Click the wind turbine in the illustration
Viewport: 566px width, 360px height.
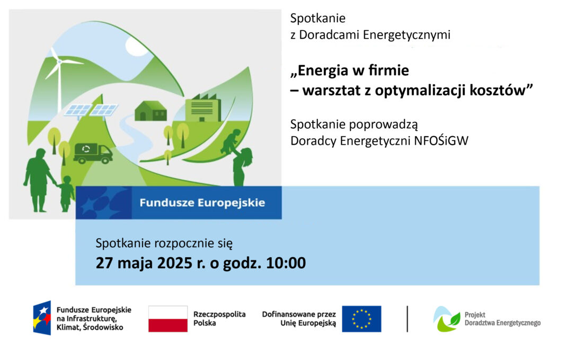(59, 77)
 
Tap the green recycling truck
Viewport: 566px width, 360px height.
(93, 153)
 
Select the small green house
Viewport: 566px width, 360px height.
(151, 111)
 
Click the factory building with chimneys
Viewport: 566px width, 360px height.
(203, 108)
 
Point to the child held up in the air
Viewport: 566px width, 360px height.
(231, 142)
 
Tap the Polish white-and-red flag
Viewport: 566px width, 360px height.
(168, 319)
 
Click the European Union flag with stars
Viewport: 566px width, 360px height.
(361, 319)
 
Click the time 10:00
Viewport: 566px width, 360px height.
(286, 263)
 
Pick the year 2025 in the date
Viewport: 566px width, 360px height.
(175, 263)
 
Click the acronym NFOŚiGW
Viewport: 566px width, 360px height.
(441, 141)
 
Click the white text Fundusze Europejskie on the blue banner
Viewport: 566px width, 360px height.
(202, 203)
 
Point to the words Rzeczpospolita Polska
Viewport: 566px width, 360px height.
(219, 319)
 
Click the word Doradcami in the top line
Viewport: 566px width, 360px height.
(330, 34)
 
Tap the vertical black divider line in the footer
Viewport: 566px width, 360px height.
(407, 319)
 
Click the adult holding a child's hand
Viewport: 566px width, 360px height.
(38, 180)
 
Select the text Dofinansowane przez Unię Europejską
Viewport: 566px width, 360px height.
(299, 319)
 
